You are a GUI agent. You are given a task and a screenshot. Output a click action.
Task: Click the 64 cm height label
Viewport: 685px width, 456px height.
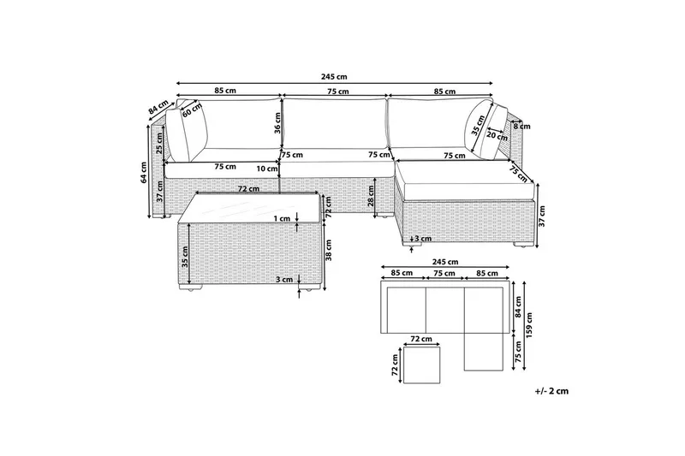coord(145,173)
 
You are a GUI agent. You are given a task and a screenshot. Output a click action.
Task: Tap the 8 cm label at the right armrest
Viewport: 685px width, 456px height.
coord(520,126)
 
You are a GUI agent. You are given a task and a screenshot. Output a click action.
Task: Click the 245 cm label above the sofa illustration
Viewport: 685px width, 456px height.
coord(336,75)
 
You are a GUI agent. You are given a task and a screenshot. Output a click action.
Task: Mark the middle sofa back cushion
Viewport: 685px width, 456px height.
coord(335,125)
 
